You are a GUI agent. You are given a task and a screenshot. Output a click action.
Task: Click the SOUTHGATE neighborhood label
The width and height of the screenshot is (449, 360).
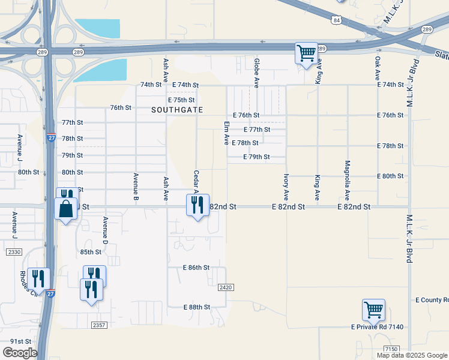tap(177, 110)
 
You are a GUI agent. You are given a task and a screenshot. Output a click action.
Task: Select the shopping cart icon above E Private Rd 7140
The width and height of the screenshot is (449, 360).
tap(373, 310)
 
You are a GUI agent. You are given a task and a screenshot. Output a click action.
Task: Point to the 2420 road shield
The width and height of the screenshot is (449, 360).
tap(225, 288)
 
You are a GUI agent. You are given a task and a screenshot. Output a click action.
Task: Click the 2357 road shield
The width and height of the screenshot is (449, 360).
tap(99, 325)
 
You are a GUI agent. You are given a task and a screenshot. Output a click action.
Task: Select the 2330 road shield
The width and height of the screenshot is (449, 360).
tap(14, 253)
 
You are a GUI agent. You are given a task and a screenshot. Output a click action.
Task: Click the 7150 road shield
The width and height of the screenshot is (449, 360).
tap(391, 349)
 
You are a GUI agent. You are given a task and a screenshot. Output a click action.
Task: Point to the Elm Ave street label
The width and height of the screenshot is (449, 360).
tap(227, 133)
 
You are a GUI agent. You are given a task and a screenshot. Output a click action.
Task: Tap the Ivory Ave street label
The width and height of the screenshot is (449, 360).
tap(286, 187)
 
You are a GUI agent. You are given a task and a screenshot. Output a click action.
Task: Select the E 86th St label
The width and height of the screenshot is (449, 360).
tap(196, 267)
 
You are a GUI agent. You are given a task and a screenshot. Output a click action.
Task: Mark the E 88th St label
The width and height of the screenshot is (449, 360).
tap(196, 307)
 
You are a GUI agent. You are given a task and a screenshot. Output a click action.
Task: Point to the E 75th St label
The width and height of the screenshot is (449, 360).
tap(182, 100)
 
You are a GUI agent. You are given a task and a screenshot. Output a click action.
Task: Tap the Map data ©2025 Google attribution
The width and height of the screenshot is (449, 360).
tap(411, 355)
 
